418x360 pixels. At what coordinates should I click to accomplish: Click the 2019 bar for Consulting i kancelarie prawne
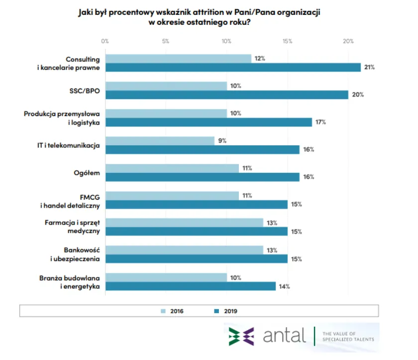[232, 68]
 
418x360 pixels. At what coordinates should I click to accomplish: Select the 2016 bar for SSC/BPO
[166, 86]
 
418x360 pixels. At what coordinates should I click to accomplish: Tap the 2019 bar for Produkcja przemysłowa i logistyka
[208, 122]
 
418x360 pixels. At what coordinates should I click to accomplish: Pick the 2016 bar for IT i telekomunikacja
[160, 141]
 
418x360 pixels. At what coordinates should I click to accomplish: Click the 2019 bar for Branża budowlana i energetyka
[190, 286]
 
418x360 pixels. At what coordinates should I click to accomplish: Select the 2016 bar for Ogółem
[172, 168]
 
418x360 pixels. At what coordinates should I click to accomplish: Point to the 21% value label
[369, 68]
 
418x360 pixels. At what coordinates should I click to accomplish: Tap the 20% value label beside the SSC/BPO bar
[357, 95]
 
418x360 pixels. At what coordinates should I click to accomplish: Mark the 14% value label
[284, 286]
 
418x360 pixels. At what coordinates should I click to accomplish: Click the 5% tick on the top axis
[166, 41]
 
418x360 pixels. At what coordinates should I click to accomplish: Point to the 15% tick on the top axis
[287, 41]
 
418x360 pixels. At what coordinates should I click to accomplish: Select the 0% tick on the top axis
[104, 41]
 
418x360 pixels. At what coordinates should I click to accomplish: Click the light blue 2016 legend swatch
[163, 311]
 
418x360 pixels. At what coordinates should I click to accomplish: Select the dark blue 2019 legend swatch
[216, 311]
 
